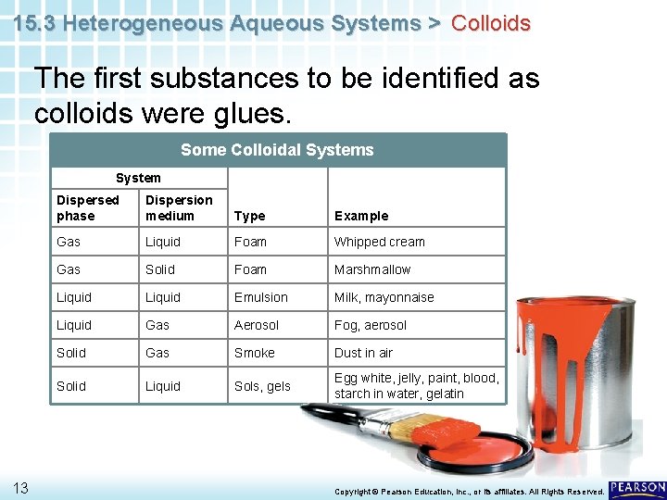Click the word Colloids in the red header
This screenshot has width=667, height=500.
[x=490, y=23]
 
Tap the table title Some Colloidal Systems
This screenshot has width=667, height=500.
[x=277, y=150]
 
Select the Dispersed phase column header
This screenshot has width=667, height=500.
[x=88, y=207]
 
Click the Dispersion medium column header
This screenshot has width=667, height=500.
[x=179, y=207]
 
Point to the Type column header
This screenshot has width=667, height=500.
[x=249, y=216]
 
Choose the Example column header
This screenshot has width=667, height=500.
[x=361, y=216]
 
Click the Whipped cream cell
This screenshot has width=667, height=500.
[x=380, y=242]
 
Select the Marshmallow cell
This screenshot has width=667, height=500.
[x=372, y=269]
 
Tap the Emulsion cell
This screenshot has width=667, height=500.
[x=261, y=297]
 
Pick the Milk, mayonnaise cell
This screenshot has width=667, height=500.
[x=384, y=297]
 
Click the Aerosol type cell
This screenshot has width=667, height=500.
[x=257, y=325]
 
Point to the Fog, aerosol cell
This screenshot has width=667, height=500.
[x=371, y=325]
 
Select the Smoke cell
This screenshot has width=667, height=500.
[x=255, y=353]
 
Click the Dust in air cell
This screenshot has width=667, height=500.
[x=363, y=353]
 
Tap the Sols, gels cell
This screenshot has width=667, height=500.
[x=262, y=386]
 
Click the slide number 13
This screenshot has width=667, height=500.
[x=19, y=488]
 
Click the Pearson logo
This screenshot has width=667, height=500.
[x=638, y=488]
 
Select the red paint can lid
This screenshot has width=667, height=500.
[x=475, y=450]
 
